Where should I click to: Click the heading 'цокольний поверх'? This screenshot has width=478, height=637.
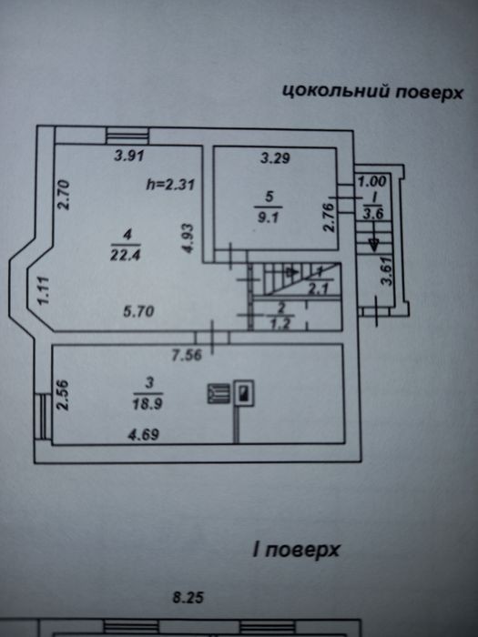(372, 91)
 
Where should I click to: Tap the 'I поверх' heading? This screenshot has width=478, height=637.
(296, 550)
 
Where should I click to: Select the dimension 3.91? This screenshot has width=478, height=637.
(129, 156)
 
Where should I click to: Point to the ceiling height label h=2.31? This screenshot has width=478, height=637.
(171, 185)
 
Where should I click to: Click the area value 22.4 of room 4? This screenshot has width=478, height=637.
(126, 255)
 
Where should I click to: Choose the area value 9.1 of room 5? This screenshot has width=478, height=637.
(269, 217)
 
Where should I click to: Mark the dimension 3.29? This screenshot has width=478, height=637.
(275, 157)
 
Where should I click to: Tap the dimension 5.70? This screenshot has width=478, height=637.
(138, 311)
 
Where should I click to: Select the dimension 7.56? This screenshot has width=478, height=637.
(187, 356)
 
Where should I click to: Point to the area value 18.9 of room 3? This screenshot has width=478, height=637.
(147, 404)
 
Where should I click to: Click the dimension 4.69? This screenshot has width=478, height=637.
(144, 435)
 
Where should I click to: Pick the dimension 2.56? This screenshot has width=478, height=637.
(63, 395)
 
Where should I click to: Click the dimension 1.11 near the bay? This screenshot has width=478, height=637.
(43, 290)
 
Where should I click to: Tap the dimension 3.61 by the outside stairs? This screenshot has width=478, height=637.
(388, 270)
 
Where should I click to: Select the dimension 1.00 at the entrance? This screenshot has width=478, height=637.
(371, 182)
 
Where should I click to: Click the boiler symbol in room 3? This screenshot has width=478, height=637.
(244, 393)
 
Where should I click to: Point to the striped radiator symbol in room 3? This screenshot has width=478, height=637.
(219, 394)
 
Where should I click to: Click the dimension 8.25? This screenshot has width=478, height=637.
(188, 598)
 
